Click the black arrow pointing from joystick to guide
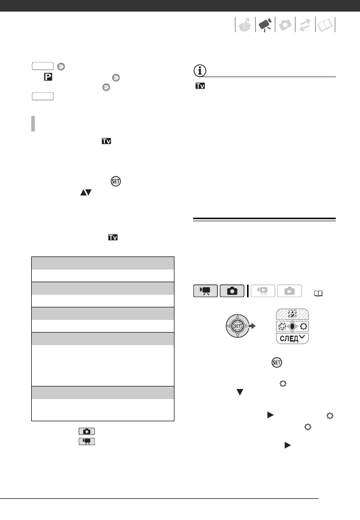(260, 325)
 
